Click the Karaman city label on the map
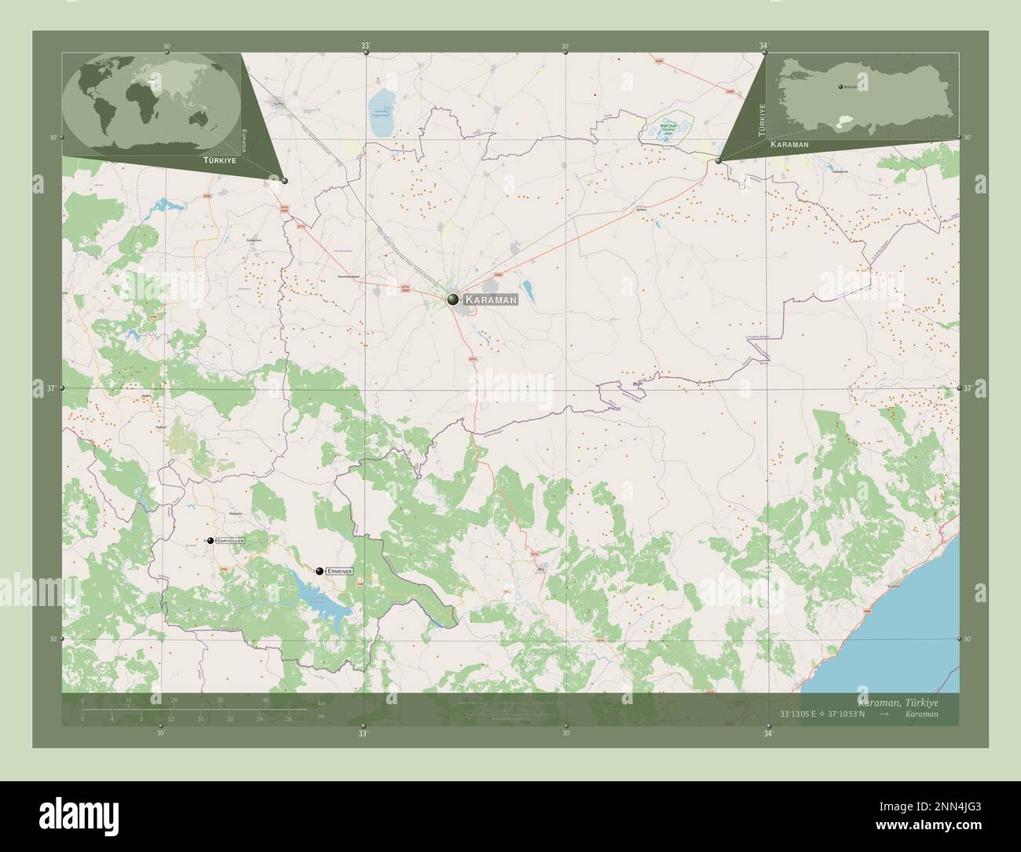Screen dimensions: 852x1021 [490, 299]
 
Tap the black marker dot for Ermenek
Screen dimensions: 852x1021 [319, 571]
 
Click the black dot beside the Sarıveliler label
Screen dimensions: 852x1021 [210, 541]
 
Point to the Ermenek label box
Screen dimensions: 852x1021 [339, 571]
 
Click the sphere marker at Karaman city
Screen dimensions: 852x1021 [453, 299]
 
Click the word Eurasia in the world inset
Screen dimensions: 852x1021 [244, 139]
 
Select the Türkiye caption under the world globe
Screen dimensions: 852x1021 [198, 160]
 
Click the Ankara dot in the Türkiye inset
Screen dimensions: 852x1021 [840, 86]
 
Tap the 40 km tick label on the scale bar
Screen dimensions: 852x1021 [266, 700]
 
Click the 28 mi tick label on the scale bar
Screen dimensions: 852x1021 [288, 718]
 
